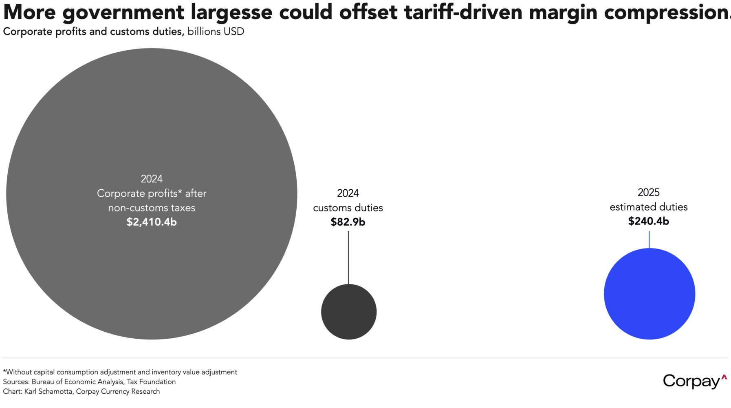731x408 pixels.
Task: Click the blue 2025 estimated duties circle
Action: tap(649, 294)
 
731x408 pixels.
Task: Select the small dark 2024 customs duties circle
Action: tap(349, 312)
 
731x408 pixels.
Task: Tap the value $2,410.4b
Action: tap(152, 222)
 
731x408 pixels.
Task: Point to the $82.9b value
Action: tap(348, 222)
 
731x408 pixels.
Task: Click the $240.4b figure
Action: tap(649, 221)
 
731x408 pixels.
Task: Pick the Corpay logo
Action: tap(694, 381)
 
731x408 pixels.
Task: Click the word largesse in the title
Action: tap(231, 12)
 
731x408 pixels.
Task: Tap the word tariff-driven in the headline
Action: tap(463, 12)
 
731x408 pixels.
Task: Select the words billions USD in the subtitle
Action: tap(216, 32)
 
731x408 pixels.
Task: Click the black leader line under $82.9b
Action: tap(348, 257)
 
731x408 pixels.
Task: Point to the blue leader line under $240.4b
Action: tap(649, 239)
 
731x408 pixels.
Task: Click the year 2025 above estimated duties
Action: tap(649, 192)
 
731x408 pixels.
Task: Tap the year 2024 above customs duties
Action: tap(348, 193)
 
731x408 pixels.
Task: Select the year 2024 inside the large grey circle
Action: tap(152, 179)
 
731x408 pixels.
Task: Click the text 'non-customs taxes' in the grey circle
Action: tap(152, 208)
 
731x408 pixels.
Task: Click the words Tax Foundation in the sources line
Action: tap(151, 381)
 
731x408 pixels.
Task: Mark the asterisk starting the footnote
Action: tap(4, 371)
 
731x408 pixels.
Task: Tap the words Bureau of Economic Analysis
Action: tap(77, 381)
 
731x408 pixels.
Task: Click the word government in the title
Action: tap(123, 12)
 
